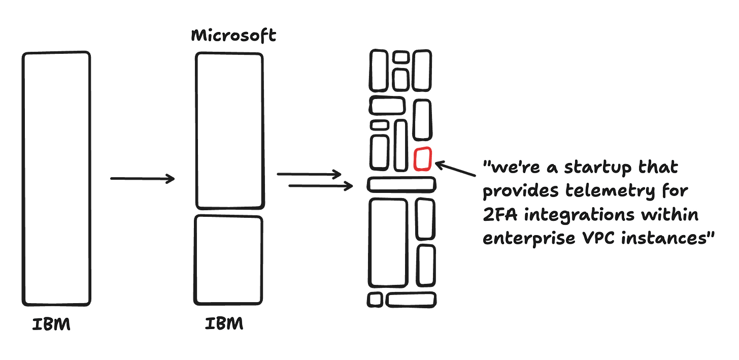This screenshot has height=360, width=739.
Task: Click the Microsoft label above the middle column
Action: [233, 37]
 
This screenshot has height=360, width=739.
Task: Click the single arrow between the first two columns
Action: [143, 179]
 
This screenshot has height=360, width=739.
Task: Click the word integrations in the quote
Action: [578, 215]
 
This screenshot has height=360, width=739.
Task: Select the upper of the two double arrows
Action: [310, 174]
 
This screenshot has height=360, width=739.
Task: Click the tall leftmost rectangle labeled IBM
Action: [56, 178]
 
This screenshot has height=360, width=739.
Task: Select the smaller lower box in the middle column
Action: [228, 260]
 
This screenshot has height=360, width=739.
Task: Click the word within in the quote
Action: [670, 215]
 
